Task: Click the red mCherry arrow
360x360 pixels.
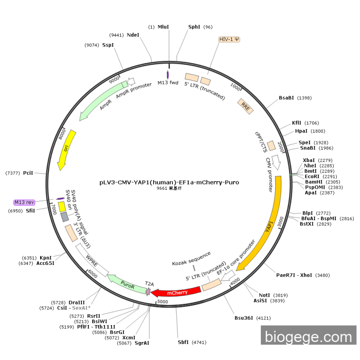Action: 176,292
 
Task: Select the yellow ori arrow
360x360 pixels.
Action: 66,150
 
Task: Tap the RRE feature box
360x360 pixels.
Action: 245,106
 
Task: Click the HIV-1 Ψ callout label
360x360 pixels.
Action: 229,40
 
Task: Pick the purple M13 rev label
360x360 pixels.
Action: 24,202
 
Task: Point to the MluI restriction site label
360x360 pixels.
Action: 163,27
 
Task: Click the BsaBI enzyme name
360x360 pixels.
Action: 286,98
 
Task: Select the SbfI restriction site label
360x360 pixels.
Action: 183,343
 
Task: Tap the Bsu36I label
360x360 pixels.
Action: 244,318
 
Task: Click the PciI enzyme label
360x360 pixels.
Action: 28,173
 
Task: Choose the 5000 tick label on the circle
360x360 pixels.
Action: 163,302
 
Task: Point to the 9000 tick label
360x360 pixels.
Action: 114,80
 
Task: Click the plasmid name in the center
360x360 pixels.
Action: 169,182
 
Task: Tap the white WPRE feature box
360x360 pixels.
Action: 92,260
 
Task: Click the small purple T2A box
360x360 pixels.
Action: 148,292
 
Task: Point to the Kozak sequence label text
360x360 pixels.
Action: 191,259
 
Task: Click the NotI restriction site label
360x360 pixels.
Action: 264,295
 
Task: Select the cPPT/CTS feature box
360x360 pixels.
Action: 272,146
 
